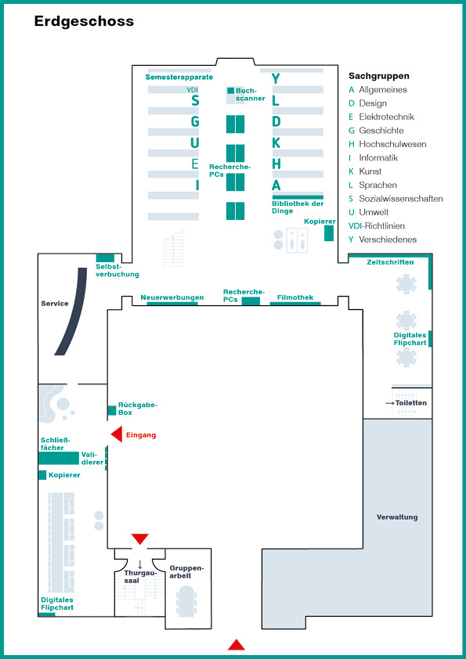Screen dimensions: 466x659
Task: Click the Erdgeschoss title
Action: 84,21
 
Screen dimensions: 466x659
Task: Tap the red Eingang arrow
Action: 117,434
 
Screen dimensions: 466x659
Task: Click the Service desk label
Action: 55,303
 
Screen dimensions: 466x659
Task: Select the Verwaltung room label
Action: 397,517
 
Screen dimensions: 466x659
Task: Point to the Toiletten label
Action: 411,402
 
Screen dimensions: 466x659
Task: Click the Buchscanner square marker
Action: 230,90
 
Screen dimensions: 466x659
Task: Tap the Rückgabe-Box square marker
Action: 112,411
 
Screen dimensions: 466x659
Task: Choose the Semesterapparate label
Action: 179,77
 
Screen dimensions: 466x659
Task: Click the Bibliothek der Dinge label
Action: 298,207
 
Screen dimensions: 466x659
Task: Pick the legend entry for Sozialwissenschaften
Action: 396,198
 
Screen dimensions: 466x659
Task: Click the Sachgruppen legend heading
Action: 379,76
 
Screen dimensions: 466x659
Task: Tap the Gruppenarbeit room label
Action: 186,572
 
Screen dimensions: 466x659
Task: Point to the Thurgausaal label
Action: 140,576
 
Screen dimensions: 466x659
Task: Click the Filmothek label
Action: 295,297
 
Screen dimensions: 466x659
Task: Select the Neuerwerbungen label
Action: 172,297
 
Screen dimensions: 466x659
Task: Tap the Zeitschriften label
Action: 390,262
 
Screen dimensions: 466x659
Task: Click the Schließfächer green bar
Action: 59,458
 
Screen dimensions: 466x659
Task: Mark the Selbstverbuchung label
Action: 117,270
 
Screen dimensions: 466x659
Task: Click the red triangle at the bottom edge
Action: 237,645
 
